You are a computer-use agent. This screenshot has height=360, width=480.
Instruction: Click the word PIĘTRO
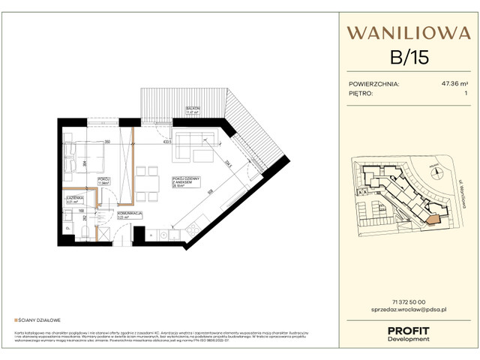coord(361,94)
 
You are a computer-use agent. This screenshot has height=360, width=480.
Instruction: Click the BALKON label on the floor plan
coord(193,110)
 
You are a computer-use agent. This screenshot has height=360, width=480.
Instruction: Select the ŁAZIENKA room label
coord(73,199)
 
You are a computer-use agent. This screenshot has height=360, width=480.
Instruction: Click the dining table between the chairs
coord(150,181)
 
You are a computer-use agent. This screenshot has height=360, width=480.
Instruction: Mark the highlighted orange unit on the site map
coord(432,218)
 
